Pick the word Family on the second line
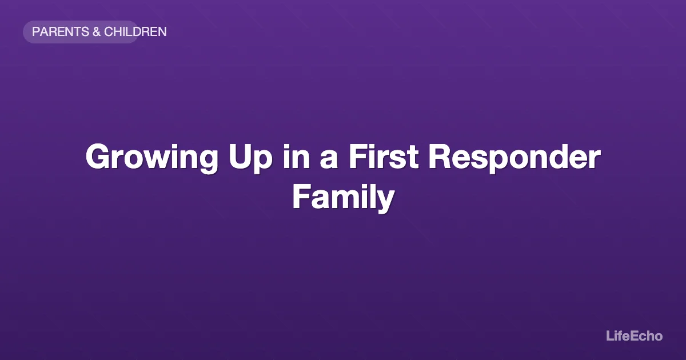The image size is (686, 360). (x=343, y=197)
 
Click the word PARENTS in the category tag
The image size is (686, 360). (x=60, y=32)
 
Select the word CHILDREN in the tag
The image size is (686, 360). (x=135, y=32)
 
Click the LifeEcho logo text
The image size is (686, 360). (x=634, y=336)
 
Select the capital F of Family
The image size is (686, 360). (x=300, y=197)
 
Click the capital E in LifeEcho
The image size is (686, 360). (x=632, y=336)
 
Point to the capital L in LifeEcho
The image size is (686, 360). (x=609, y=336)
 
